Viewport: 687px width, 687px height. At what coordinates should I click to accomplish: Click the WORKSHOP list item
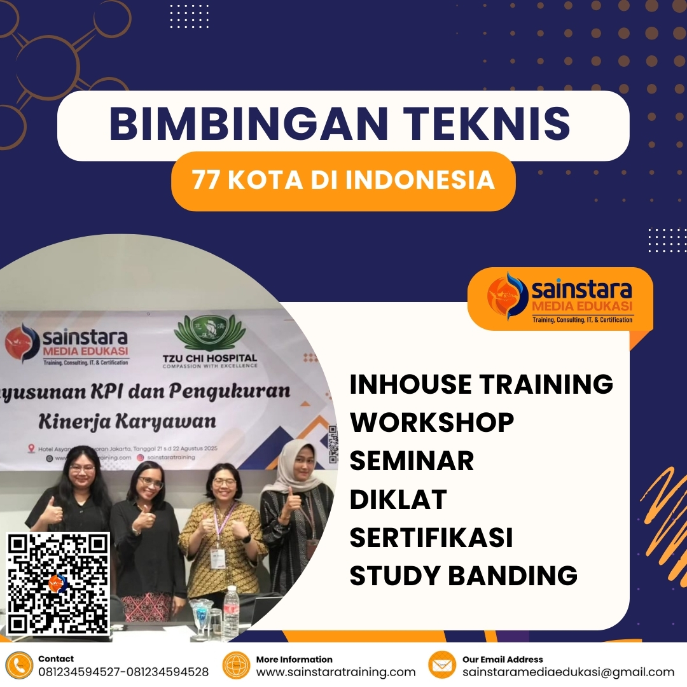431,422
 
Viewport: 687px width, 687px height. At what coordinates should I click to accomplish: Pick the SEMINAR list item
412,461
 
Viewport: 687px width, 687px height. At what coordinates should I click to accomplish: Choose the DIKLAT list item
398,499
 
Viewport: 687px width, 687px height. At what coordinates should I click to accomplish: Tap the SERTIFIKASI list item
431,538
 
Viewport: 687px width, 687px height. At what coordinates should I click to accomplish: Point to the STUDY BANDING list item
463,576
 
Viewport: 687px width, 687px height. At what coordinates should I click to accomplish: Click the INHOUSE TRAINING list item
481,384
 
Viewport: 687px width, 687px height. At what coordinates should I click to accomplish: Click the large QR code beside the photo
58,584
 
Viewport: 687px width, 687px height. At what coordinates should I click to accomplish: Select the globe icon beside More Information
236,665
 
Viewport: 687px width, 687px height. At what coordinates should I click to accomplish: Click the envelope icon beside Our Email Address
442,665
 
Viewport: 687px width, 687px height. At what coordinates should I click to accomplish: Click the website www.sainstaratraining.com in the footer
335,672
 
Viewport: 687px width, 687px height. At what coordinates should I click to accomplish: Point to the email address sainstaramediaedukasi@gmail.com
568,672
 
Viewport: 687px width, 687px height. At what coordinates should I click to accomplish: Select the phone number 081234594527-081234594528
123,672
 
